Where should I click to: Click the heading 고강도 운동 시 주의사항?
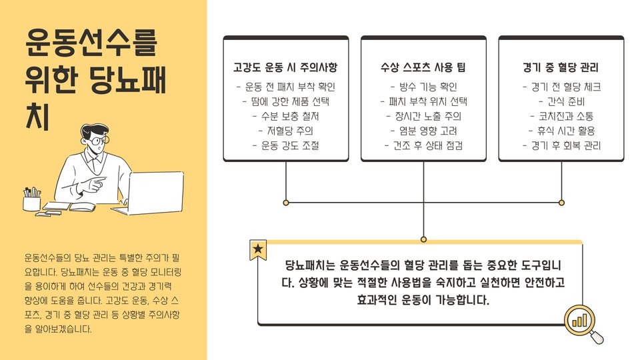(285, 68)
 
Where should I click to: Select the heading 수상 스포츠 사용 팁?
(423, 68)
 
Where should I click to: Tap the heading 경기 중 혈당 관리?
(561, 68)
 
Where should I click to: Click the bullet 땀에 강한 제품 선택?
(285, 101)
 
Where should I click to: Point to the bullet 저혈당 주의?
(285, 131)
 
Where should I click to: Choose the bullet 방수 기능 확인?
(423, 87)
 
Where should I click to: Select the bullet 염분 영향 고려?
(423, 131)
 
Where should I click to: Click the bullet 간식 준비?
(561, 101)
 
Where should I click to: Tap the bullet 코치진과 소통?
(561, 116)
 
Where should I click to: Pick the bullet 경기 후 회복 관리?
(561, 145)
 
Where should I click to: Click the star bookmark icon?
(258, 250)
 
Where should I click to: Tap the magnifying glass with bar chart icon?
(581, 323)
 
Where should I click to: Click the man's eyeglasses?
(98, 141)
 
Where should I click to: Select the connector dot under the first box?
(286, 202)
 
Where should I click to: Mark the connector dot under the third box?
(561, 202)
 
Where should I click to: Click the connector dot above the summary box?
(423, 239)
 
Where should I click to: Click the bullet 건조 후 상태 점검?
(423, 145)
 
